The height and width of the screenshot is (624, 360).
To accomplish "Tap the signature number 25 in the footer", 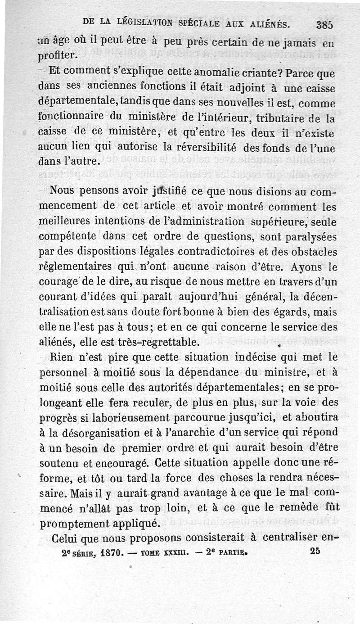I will tap(316, 551).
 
